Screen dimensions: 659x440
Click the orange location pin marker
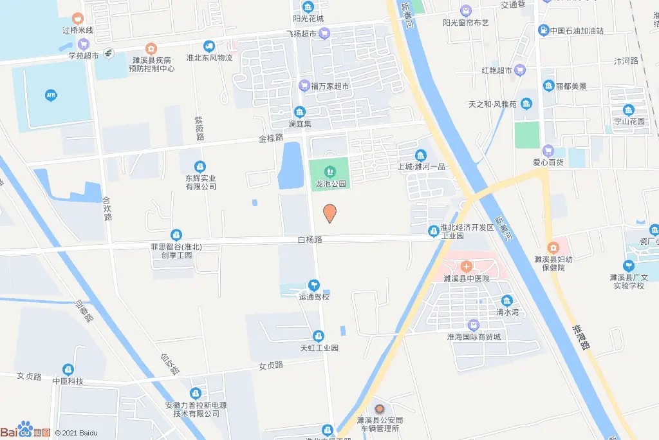329,213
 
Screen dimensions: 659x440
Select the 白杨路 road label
310,239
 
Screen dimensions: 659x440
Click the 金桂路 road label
271,138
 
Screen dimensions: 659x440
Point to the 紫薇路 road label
200,128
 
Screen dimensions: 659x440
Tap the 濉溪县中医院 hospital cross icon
467,267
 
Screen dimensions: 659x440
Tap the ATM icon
51,96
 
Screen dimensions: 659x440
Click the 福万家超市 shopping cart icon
304,84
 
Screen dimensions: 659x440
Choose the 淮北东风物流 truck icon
209,46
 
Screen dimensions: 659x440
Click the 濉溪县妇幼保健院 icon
553,247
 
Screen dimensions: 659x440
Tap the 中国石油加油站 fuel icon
544,30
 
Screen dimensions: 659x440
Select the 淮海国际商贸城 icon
474,325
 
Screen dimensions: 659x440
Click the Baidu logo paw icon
25,428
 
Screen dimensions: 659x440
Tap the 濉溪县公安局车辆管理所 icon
379,409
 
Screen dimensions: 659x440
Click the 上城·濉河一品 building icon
420,155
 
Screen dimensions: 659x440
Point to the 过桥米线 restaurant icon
78,19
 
